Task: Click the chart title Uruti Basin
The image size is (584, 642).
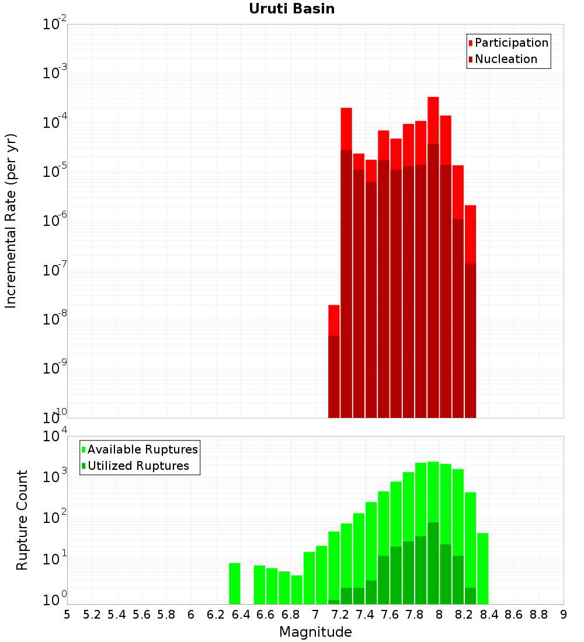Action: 291,9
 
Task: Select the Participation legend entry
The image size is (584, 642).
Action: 511,43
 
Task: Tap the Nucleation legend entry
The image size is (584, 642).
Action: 505,59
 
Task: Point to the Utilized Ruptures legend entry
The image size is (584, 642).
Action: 138,466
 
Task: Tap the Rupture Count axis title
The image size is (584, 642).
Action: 22,520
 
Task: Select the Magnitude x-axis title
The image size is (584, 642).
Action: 315,632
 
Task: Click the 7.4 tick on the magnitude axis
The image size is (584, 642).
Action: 365,615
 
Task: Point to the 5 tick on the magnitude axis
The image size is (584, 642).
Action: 67,615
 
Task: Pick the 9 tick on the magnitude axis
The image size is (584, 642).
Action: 564,615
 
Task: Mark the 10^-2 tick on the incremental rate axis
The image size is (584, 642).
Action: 55,25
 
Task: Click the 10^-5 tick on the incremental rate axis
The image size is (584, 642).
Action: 55,172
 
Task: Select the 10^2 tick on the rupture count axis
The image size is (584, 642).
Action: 55,519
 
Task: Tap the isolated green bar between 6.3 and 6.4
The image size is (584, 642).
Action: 235,583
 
